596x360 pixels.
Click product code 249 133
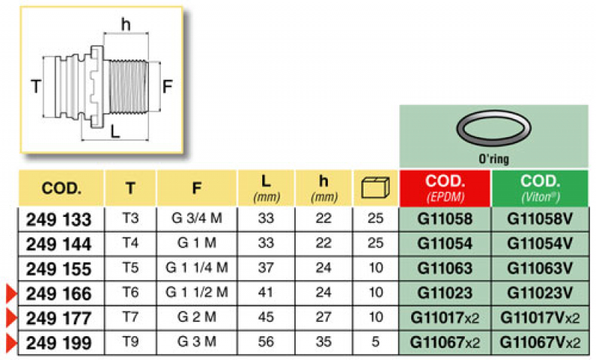[x=59, y=219]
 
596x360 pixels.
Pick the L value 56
[x=265, y=344]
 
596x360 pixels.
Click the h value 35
[x=323, y=344]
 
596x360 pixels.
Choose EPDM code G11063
[x=445, y=269]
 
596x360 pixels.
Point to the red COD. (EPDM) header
[x=445, y=189]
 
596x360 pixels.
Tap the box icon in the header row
[x=374, y=189]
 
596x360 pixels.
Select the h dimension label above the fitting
[x=125, y=25]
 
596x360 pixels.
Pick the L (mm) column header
[x=265, y=189]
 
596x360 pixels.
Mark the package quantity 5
[x=374, y=344]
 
